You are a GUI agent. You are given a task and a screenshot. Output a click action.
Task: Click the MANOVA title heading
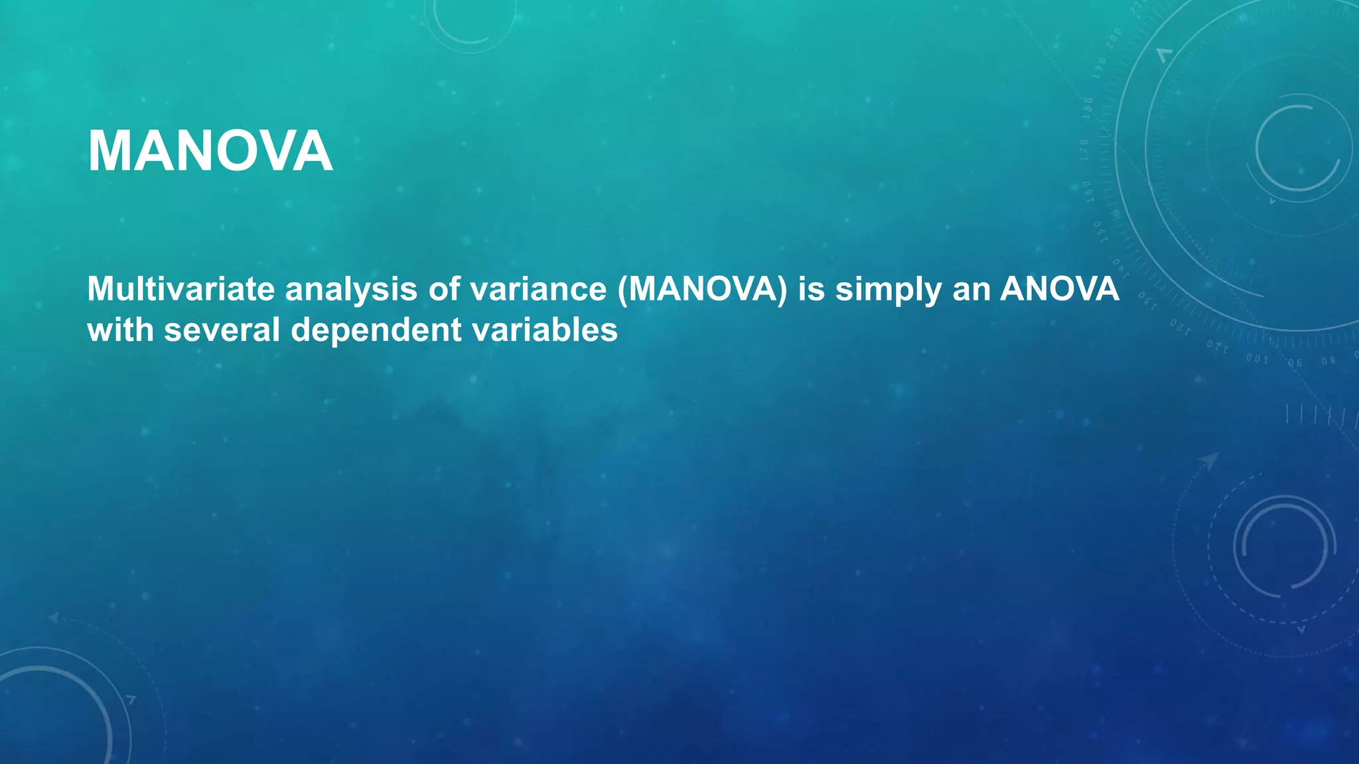tap(210, 152)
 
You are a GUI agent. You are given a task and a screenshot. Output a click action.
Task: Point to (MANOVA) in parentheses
tap(702, 289)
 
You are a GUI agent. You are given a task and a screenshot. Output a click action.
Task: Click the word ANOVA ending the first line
tap(1059, 289)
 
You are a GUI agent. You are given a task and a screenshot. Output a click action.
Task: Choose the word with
tap(120, 330)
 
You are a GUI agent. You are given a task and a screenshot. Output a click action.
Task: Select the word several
tap(222, 330)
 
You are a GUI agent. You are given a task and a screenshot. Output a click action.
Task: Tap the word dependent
tap(376, 330)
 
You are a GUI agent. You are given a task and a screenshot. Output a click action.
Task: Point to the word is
tap(811, 289)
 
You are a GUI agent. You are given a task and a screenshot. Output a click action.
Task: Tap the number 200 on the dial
tap(1114, 37)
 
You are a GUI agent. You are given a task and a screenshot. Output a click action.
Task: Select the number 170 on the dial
tap(1084, 150)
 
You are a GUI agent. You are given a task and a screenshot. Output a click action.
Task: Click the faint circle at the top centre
tap(470, 20)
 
